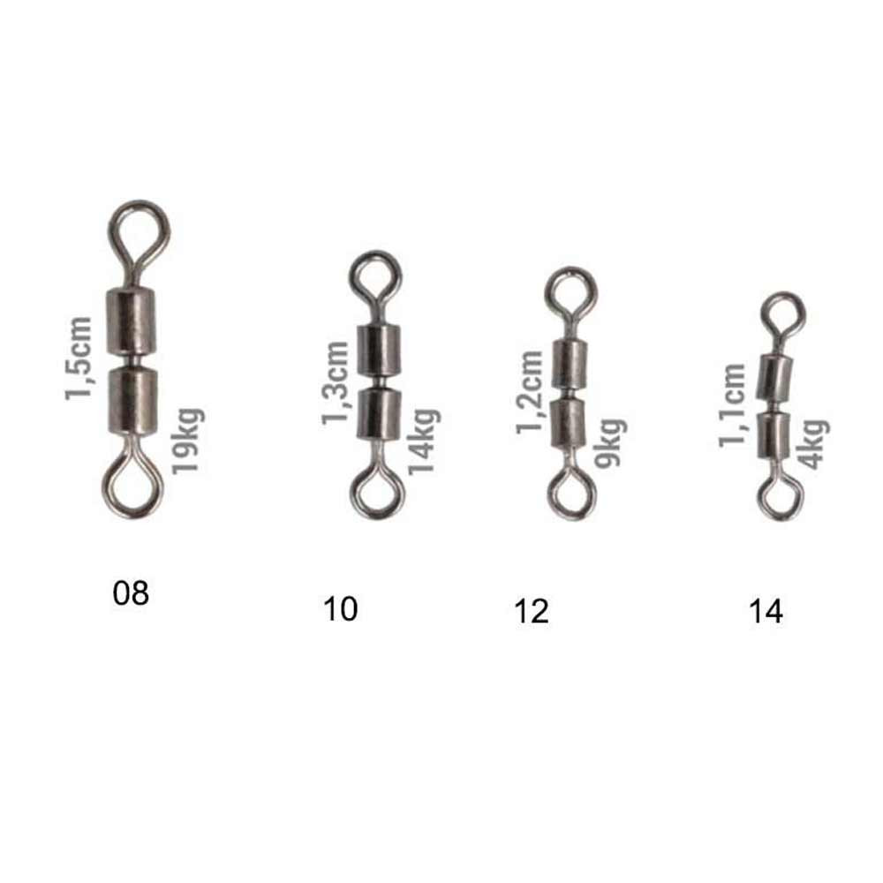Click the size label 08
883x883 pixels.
pos(131,593)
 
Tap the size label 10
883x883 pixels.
pos(340,609)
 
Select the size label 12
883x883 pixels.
pos(531,612)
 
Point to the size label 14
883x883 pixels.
pos(766,612)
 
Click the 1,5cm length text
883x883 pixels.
pos(79,358)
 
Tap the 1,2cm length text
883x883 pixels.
pos(530,393)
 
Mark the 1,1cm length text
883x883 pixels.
pos(732,406)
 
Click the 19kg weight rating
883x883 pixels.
pos(188,441)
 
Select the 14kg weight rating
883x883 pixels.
pos(424,442)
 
